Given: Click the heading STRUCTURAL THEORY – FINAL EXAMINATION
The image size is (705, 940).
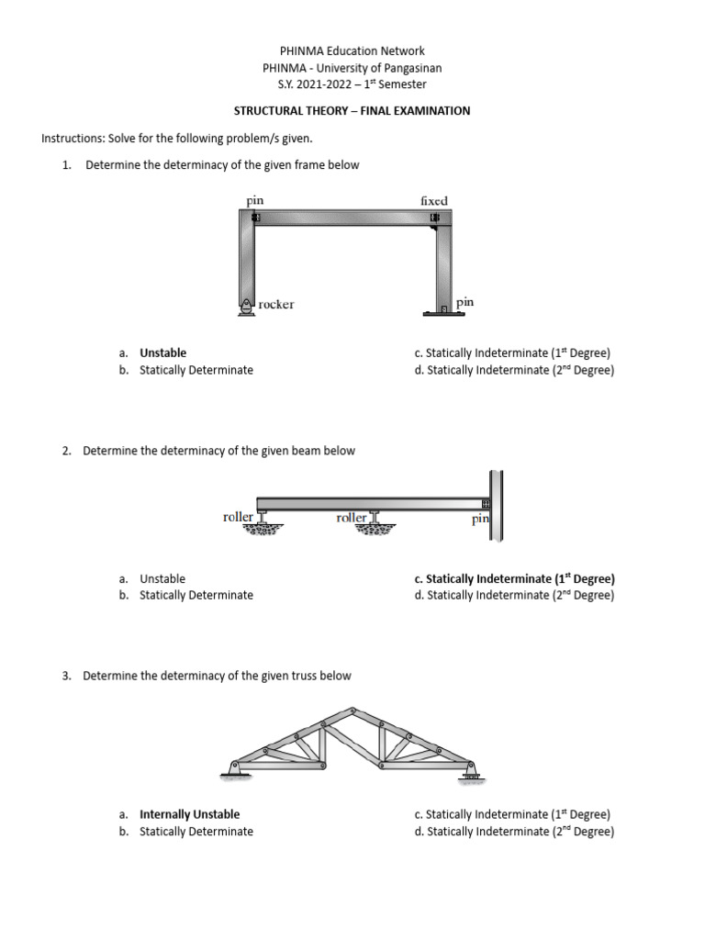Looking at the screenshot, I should click(352, 111).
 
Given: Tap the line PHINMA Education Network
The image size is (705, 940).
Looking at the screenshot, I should click(352, 51).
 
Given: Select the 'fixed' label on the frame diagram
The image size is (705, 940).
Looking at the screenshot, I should click(433, 200).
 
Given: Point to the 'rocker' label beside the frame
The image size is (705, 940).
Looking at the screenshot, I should click(276, 305).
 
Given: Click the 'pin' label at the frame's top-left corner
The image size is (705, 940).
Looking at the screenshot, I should click(255, 199).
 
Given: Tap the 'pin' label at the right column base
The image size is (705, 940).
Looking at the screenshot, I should click(464, 301).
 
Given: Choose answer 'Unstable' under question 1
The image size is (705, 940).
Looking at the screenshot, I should click(162, 352).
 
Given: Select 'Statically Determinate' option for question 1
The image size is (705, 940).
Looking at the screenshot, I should click(196, 370).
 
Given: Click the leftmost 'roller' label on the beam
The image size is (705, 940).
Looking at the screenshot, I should click(238, 518).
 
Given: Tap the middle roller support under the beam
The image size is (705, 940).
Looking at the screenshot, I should click(372, 525).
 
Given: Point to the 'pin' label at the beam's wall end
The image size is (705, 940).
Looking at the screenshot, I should click(480, 520).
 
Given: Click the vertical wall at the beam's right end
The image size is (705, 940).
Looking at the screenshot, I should click(497, 505).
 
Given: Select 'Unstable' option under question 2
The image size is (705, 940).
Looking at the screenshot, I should click(162, 579).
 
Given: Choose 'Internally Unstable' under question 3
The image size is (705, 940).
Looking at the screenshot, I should click(189, 814).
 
